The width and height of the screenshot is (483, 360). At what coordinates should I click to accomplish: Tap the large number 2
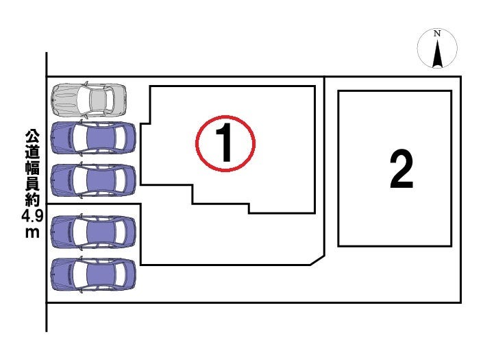tap(401, 169)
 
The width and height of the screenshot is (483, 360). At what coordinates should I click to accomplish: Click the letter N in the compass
tap(437, 34)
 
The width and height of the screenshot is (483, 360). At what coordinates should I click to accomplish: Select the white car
tap(89, 100)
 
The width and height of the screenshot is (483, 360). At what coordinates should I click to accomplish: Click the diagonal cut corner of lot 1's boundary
tap(317, 259)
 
